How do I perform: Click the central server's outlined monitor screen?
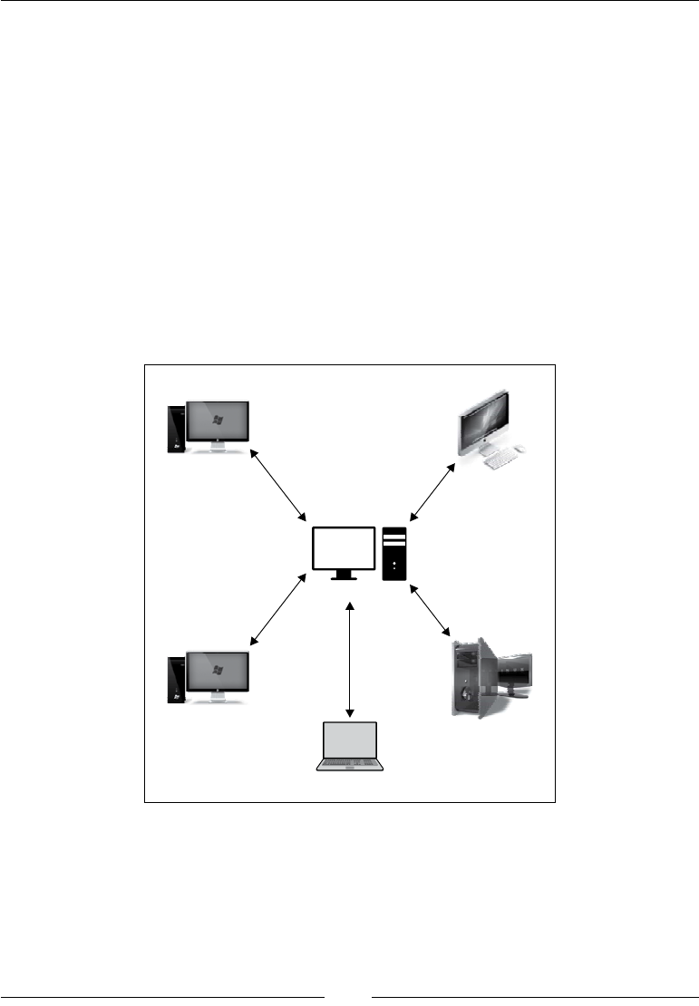[x=344, y=547]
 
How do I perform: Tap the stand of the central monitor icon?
[x=344, y=576]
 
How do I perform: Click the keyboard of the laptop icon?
[x=350, y=764]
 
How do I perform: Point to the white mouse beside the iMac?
[x=521, y=449]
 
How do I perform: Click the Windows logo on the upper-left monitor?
[x=218, y=421]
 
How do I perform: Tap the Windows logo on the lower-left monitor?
[x=218, y=670]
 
